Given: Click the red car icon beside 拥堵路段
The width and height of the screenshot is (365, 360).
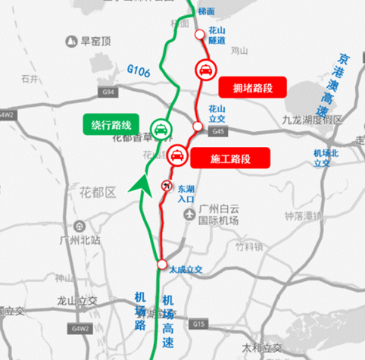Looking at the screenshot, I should click(x=204, y=70).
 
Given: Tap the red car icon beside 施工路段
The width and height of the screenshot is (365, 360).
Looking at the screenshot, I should click(x=176, y=155).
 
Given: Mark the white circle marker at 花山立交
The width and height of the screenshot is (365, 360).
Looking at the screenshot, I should click(x=197, y=125).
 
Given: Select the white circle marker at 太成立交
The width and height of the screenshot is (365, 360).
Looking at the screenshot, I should click(x=161, y=264).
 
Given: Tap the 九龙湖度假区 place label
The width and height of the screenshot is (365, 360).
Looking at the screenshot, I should click(x=312, y=120).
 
